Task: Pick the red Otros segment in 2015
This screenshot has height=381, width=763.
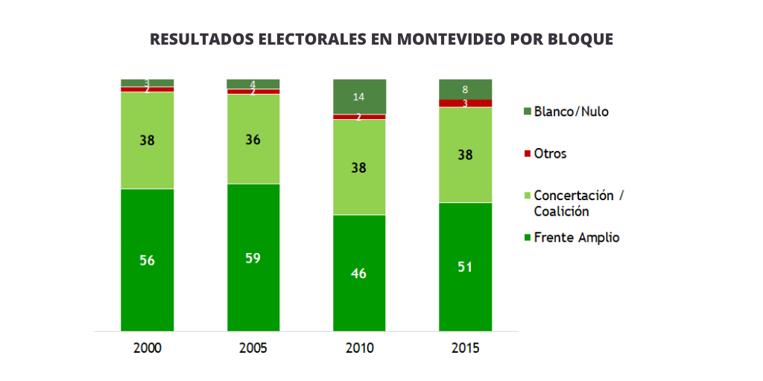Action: (465, 103)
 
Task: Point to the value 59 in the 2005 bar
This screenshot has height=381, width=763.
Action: (253, 258)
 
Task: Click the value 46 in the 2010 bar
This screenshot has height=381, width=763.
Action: (359, 273)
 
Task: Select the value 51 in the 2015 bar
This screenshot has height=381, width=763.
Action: (465, 267)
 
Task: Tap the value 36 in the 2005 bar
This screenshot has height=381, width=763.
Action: (253, 139)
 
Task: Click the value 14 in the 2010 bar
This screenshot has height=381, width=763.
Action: (359, 97)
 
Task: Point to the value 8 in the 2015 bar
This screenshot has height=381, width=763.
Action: (465, 89)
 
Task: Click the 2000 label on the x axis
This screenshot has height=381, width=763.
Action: (147, 348)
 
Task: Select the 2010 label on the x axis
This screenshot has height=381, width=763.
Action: (359, 348)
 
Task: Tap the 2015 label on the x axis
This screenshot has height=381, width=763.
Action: (465, 348)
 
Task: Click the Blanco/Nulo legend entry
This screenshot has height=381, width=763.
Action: (571, 112)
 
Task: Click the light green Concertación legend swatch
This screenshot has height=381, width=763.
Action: (528, 196)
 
